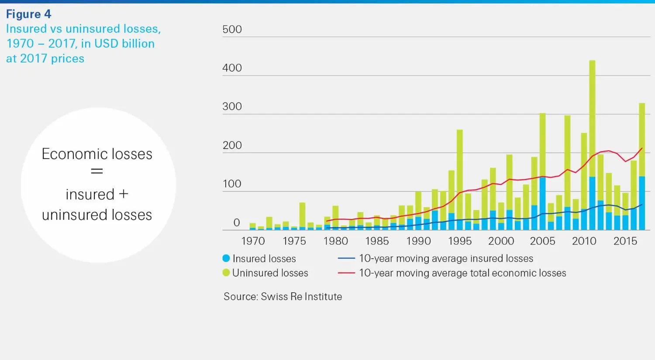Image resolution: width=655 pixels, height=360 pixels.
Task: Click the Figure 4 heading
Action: (28, 14)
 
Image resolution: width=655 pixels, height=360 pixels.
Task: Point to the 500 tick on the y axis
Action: (232, 29)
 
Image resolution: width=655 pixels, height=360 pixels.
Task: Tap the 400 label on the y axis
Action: (232, 68)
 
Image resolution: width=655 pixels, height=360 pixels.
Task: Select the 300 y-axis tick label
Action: (232, 107)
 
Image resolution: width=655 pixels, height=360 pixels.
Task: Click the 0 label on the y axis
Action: (237, 223)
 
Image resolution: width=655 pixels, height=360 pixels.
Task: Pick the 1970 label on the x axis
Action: (253, 241)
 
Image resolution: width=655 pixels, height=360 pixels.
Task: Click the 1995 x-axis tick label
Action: (460, 241)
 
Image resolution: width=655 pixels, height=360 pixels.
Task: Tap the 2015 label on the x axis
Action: (625, 241)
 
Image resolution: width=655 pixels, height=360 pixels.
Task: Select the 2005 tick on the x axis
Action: (542, 241)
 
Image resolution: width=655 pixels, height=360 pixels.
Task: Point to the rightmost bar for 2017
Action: (642, 166)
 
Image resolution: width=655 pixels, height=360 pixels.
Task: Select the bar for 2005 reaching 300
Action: (542, 175)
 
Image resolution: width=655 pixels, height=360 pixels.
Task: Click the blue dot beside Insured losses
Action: (226, 258)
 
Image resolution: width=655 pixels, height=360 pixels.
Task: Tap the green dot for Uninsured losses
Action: (226, 273)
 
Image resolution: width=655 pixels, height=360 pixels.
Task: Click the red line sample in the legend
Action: (346, 273)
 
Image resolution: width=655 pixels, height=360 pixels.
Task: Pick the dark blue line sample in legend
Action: (346, 259)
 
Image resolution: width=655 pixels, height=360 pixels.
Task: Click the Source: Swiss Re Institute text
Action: (283, 296)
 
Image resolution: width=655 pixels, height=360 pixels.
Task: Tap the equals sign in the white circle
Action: (97, 172)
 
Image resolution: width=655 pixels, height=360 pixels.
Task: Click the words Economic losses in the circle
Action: (97, 154)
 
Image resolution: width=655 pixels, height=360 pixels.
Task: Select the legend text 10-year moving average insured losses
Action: (446, 258)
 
